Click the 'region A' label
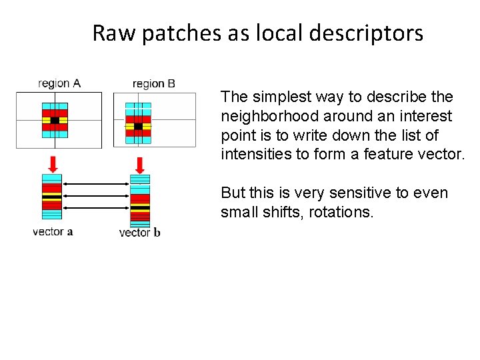click(x=59, y=83)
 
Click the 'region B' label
click(x=154, y=83)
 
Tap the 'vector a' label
click(x=53, y=232)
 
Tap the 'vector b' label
click(x=139, y=233)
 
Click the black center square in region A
click(x=55, y=121)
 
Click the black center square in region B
click(x=138, y=126)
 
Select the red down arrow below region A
click(x=53, y=163)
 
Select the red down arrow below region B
click(x=140, y=164)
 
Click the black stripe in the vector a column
click(x=51, y=197)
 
